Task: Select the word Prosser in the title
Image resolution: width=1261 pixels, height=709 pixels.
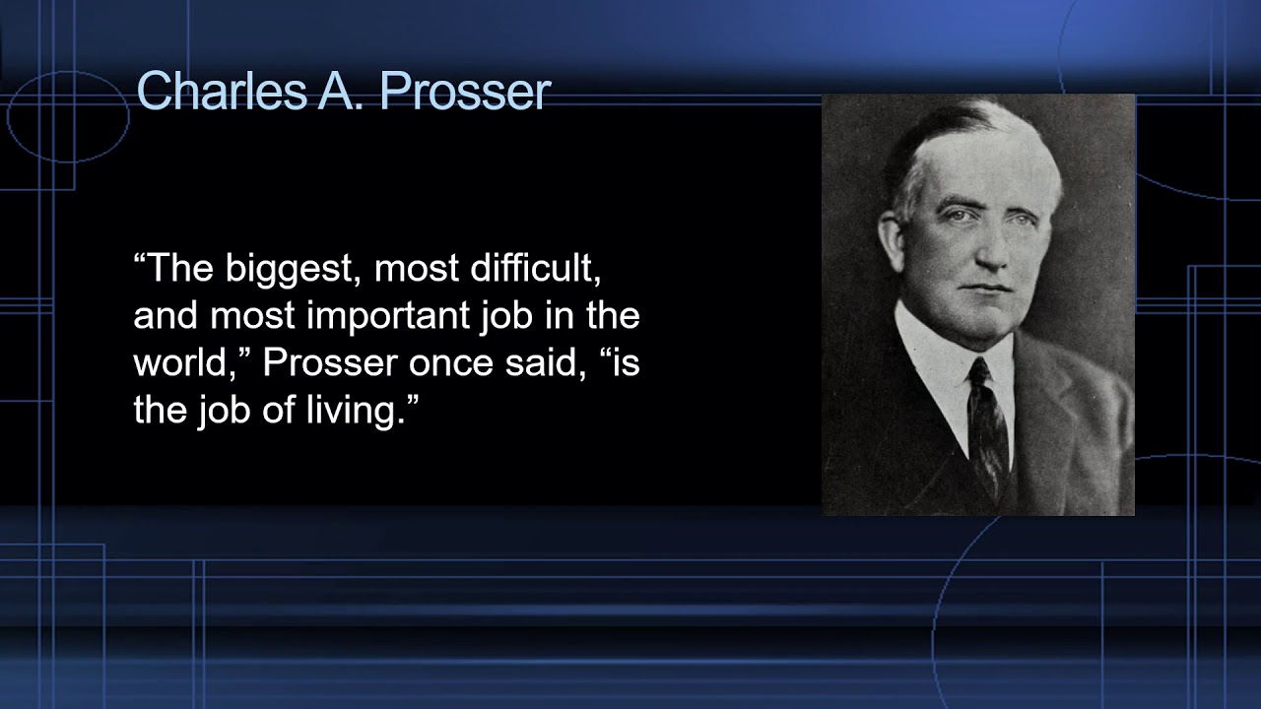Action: coord(464,92)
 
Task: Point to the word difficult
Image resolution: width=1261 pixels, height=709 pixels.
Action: coord(529,267)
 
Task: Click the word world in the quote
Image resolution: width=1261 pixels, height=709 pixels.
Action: coord(190,363)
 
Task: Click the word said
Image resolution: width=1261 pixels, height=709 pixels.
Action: coord(553,363)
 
